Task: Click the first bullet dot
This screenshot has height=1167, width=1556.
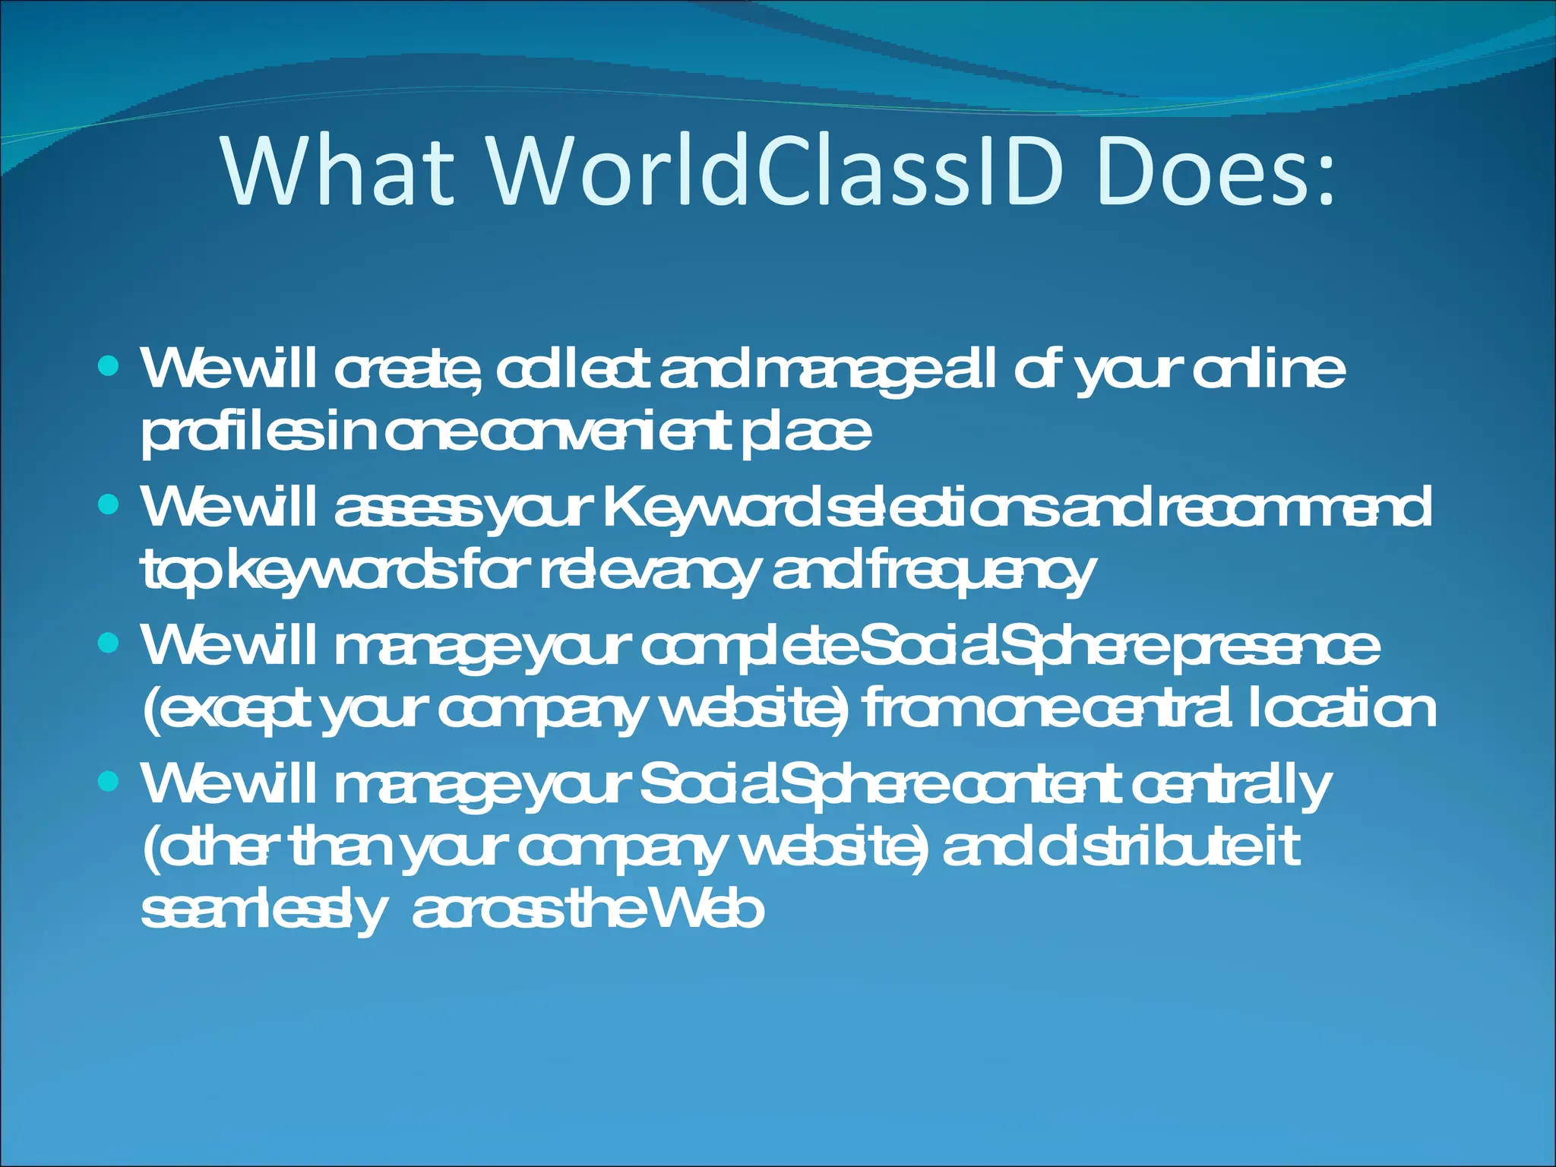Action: pyautogui.click(x=109, y=368)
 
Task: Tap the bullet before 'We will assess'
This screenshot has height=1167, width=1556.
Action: pyautogui.click(x=109, y=505)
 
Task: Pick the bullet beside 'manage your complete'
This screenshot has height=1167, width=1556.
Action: pyautogui.click(x=109, y=644)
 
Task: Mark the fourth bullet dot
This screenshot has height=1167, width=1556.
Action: pyautogui.click(x=109, y=781)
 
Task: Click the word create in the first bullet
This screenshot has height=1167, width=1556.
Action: pyautogui.click(x=406, y=370)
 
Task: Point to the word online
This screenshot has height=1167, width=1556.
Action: pyautogui.click(x=1268, y=370)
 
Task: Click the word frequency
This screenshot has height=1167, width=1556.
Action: pyautogui.click(x=980, y=571)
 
